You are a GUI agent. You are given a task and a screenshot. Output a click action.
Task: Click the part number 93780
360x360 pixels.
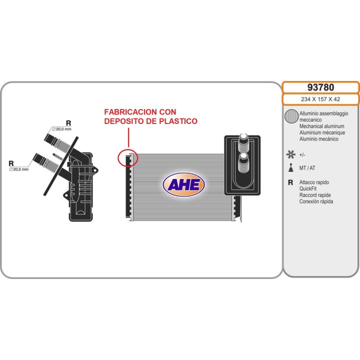320,87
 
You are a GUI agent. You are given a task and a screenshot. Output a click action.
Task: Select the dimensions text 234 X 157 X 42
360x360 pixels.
320,99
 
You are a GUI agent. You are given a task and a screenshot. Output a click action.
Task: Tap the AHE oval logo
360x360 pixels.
183,184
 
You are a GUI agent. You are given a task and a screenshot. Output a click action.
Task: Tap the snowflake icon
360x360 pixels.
291,154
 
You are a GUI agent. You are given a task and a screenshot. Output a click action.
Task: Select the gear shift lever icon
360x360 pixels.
291,168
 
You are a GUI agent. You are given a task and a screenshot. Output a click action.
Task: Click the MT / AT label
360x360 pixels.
307,168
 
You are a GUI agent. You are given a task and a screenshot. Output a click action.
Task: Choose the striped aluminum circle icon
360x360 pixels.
291,116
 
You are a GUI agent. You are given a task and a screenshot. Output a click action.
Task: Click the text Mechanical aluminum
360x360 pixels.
321,126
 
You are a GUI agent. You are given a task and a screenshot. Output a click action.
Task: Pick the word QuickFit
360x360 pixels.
308,188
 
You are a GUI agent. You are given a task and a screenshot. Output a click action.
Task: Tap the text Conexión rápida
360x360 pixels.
316,201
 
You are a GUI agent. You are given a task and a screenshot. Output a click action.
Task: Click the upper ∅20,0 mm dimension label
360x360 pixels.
61,129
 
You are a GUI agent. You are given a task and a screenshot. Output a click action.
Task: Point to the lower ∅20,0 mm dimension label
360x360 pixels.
19,169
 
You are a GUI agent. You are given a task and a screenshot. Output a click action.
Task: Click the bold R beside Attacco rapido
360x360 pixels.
290,182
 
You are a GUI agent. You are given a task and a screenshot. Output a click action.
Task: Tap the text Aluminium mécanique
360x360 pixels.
322,132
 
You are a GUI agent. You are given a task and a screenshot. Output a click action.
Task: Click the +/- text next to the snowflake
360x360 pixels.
302,155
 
